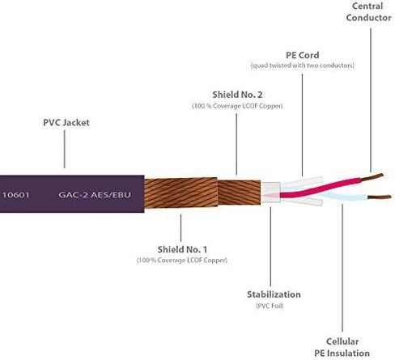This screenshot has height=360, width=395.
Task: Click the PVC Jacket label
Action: tap(66, 122)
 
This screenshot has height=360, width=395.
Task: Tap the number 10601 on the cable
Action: tap(16, 195)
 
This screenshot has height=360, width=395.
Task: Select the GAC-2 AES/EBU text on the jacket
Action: tap(95, 195)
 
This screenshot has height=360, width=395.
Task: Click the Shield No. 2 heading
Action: tap(237, 95)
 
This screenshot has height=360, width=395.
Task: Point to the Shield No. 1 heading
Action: tap(182, 249)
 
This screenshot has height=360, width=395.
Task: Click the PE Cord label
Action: tap(303, 55)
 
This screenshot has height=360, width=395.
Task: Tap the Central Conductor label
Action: tap(368, 12)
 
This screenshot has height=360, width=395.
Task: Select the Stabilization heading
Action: tap(274, 294)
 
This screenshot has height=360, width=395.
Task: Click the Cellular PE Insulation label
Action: tap(342, 347)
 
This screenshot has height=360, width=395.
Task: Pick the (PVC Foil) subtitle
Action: tap(270, 306)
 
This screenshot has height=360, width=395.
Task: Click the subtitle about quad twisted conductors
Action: tap(303, 66)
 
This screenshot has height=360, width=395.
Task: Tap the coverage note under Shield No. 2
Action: tap(237, 106)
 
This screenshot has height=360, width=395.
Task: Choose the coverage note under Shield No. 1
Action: tap(182, 260)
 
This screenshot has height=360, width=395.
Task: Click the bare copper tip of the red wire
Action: tap(372, 176)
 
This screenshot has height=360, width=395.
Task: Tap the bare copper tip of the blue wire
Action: tap(379, 197)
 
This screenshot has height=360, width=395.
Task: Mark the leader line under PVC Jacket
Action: tap(64, 149)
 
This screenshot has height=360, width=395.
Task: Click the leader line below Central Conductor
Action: tap(371, 100)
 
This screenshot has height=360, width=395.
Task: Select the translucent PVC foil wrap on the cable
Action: tap(270, 193)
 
